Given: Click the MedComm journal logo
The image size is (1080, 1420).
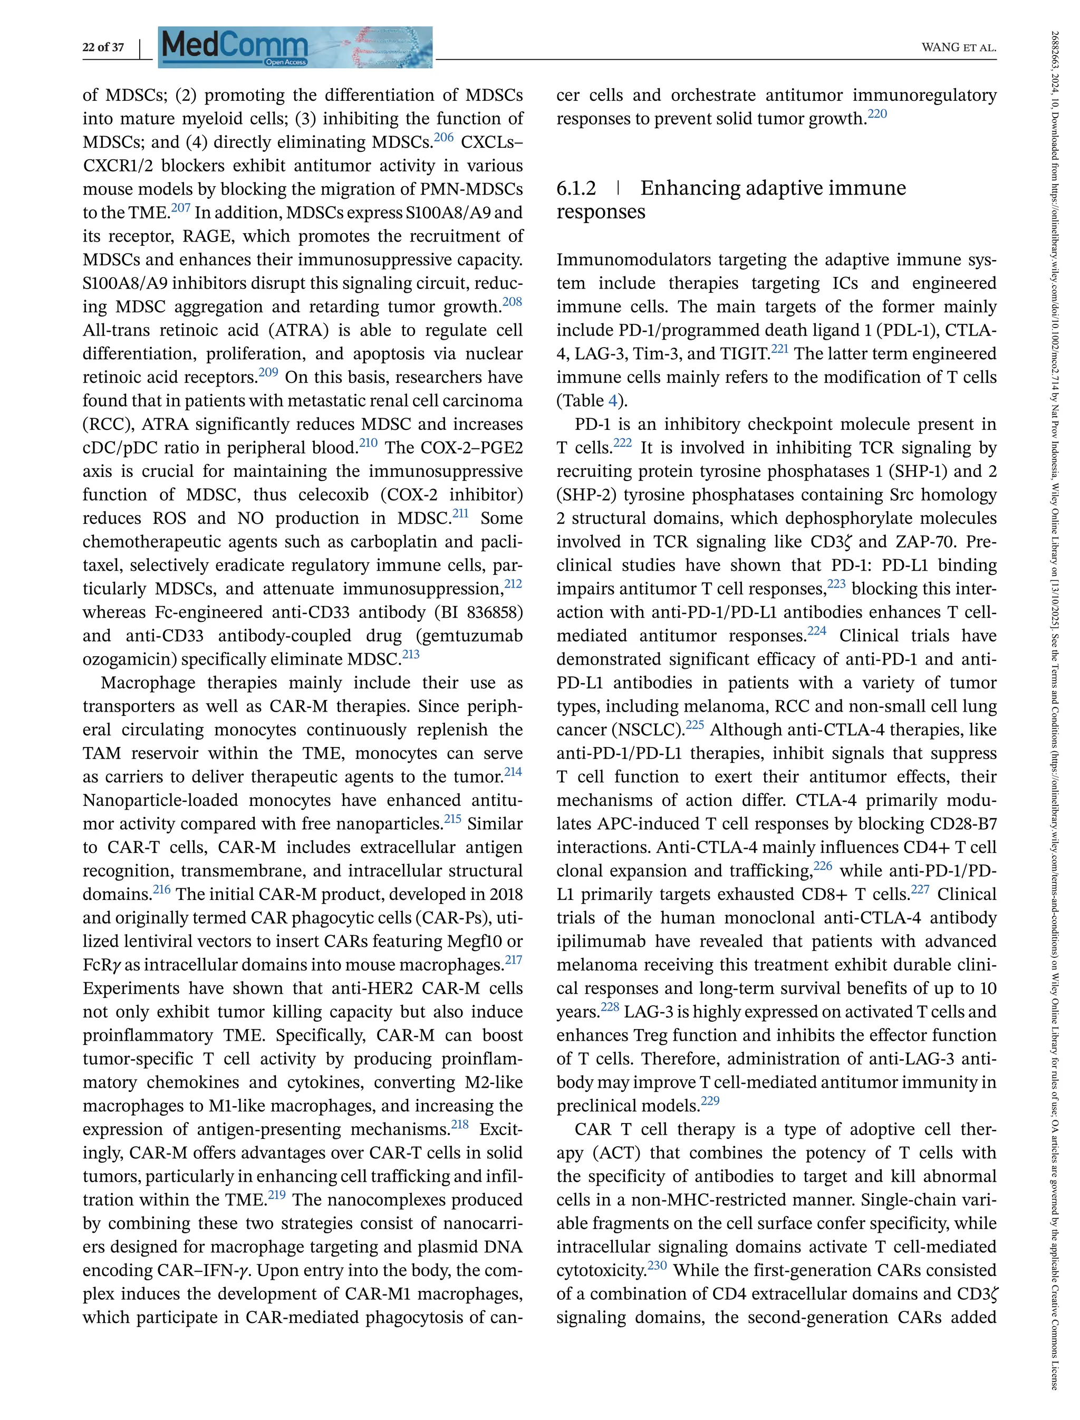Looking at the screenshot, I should tap(295, 47).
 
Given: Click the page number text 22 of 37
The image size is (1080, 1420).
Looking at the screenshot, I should tap(103, 47).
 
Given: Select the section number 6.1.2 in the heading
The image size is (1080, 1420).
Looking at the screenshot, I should tap(576, 188).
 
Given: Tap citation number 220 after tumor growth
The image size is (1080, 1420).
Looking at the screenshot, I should tap(877, 114).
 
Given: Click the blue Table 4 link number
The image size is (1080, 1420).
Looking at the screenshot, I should tap(613, 401).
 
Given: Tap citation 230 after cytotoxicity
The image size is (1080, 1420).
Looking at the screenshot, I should tap(657, 1265).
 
